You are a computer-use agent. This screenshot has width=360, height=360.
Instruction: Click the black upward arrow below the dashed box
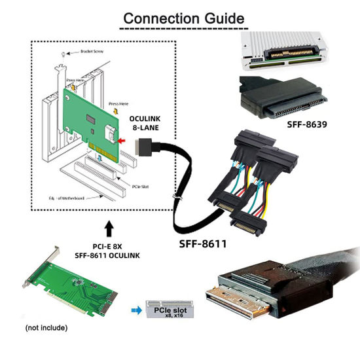[109, 230]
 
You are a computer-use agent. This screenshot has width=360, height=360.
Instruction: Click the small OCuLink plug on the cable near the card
[139, 154]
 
